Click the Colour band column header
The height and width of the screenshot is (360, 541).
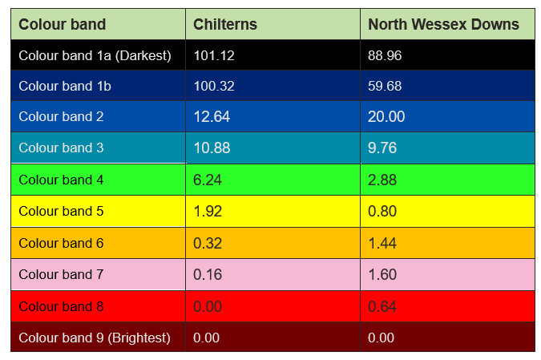pos(62,24)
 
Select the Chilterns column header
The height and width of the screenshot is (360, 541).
pos(225,24)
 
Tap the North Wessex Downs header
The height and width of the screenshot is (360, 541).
pos(443,24)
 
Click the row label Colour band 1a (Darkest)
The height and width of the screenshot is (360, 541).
pos(95,55)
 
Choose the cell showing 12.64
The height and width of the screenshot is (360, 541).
pos(212,117)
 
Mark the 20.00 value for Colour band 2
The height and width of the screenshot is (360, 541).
pos(386,117)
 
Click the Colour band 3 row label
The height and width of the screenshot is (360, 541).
pos(61,148)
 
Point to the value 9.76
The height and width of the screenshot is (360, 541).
pos(382,148)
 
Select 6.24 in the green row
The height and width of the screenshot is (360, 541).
pos(208,180)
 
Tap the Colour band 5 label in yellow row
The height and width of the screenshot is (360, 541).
pos(61,212)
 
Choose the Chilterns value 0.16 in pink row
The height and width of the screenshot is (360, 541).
pos(208,275)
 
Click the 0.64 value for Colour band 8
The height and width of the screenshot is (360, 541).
pos(382,306)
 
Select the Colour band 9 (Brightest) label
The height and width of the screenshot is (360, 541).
pos(95,338)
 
